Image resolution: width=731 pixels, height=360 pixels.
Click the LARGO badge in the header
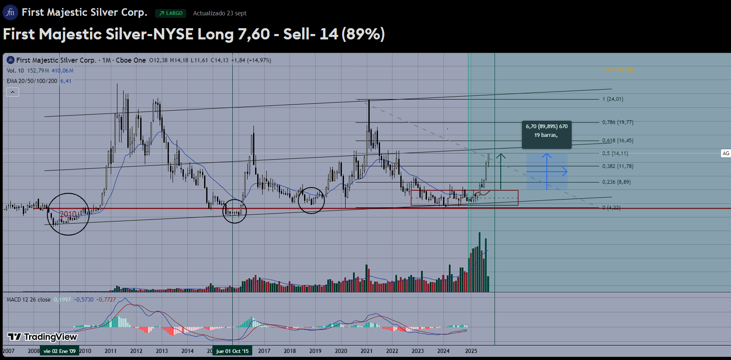click(x=171, y=13)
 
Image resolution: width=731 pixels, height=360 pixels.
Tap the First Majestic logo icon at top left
click(x=10, y=12)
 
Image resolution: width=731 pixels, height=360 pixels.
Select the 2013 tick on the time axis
click(x=162, y=351)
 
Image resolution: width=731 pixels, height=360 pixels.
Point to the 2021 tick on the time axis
click(x=366, y=351)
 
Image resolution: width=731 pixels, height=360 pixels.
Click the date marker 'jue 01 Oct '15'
click(x=232, y=351)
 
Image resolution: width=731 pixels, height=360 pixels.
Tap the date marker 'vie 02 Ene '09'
click(x=59, y=351)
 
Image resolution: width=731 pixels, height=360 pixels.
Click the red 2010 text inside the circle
click(x=68, y=214)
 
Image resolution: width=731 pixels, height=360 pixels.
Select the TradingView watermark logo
click(x=43, y=337)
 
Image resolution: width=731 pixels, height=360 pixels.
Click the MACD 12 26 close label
click(x=29, y=299)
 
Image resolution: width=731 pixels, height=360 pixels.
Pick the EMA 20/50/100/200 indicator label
click(x=32, y=81)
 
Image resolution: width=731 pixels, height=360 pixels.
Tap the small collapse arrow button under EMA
click(x=12, y=92)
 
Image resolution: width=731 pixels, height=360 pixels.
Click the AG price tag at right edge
click(x=726, y=153)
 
